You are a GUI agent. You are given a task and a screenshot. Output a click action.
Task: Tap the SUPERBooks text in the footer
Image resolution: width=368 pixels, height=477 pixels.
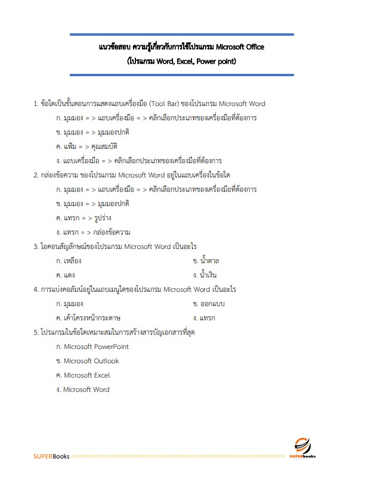[51, 457]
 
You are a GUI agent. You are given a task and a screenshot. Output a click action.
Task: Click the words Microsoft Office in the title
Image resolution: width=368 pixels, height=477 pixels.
[240, 47]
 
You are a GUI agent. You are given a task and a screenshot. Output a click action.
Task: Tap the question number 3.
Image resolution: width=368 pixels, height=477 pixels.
[36, 247]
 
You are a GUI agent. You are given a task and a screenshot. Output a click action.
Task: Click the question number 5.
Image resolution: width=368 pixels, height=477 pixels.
[36, 332]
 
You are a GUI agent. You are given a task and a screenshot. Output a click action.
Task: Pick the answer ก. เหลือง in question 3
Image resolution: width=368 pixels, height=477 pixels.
[68, 261]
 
